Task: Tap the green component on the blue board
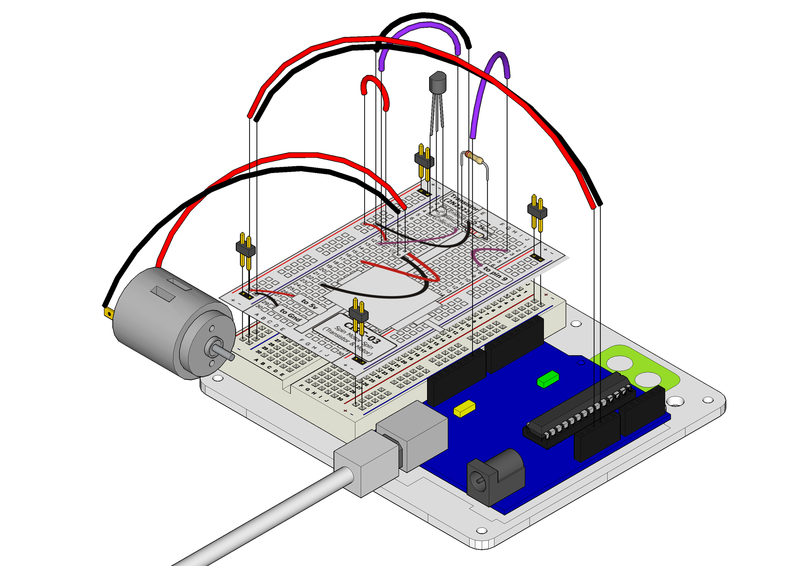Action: pyautogui.click(x=548, y=379)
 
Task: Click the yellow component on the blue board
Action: pyautogui.click(x=464, y=409)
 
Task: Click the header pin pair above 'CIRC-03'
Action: pyautogui.click(x=358, y=314)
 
